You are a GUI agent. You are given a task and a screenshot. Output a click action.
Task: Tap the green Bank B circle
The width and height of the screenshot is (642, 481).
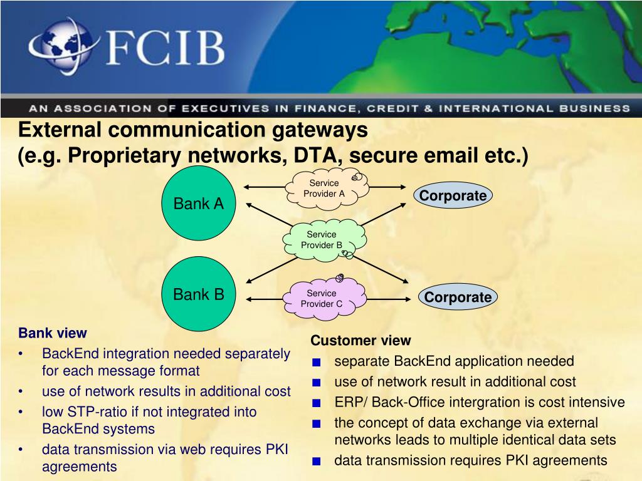pos(199,294)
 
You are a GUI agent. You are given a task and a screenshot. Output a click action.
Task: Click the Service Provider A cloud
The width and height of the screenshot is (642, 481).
pos(324,188)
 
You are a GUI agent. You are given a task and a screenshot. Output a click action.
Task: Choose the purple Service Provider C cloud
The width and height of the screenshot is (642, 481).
pos(322,298)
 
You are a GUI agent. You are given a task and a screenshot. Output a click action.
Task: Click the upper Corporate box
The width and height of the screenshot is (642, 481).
pos(453,196)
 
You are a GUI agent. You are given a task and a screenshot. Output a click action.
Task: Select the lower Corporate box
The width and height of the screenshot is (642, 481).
pos(458,297)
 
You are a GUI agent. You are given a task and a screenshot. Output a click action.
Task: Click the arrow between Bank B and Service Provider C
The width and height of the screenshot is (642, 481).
pos(263,298)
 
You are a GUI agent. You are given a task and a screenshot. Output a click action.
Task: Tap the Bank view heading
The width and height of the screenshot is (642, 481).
pos(53,333)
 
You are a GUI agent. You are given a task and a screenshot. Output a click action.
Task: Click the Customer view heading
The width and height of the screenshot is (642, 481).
pos(360,341)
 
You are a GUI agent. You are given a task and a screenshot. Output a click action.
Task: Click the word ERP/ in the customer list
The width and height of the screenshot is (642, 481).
pos(349,402)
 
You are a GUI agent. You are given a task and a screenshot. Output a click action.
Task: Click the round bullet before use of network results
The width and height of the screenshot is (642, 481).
pos(23,392)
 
